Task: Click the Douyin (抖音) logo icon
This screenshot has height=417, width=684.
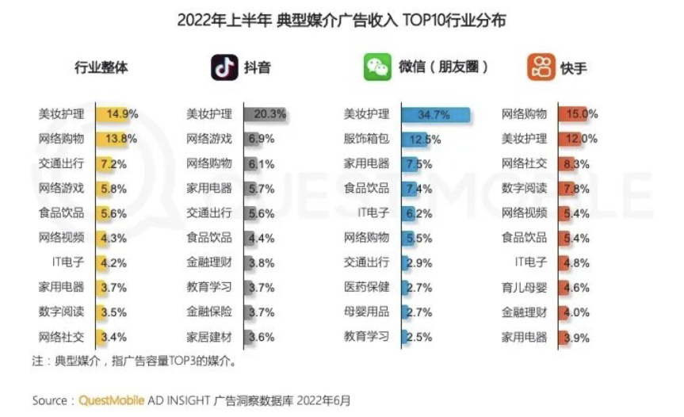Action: coord(224,67)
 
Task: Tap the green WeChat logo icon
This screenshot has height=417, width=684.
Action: coord(377,67)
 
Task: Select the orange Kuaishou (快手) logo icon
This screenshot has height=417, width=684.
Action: coord(541,67)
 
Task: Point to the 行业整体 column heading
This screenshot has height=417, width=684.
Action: coord(101,67)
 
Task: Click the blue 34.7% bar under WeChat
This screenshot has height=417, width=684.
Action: coord(436,114)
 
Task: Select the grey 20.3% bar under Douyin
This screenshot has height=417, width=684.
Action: coord(266,114)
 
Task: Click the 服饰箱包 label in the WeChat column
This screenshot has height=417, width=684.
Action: coord(366,139)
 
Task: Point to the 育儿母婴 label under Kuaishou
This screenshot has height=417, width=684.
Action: coord(524,287)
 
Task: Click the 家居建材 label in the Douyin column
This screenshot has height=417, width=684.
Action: coord(209,336)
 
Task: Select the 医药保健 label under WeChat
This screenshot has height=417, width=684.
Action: coord(366,287)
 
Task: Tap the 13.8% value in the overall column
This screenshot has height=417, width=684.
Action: coord(121,139)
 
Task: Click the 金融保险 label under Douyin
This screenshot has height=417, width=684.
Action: coord(209,312)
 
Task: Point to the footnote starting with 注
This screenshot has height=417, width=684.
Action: coord(134,362)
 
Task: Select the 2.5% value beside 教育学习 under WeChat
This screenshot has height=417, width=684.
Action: coord(419,337)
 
